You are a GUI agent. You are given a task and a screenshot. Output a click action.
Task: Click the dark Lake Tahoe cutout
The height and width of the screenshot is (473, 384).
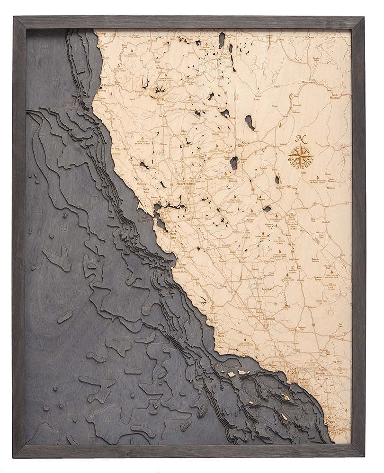click(233, 163)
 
